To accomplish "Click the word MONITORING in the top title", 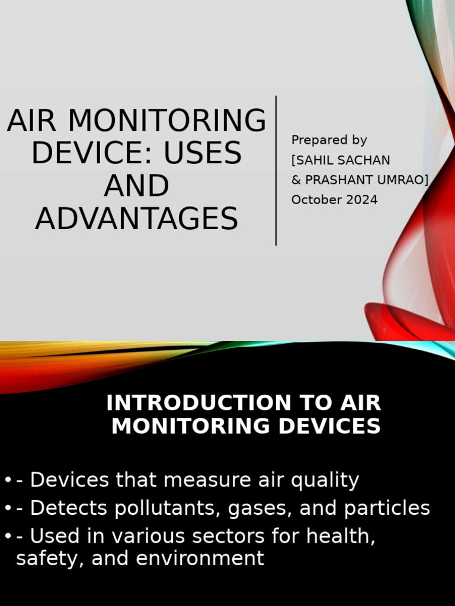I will point(166,121).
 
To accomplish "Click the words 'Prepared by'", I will point(329,140).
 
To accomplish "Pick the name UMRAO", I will point(401,180).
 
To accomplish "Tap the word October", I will point(313,200).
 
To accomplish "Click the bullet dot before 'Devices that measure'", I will point(7,480).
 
